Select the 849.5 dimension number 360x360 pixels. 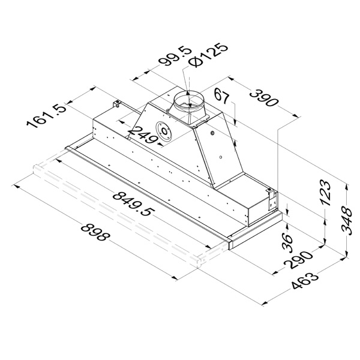click(133, 205)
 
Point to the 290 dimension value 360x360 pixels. click(298, 260)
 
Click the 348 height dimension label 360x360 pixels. click(346, 221)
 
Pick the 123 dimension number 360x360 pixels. click(326, 193)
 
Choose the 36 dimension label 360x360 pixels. click(288, 242)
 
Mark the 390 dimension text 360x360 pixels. click(264, 98)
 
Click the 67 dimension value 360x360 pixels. click(222, 96)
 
